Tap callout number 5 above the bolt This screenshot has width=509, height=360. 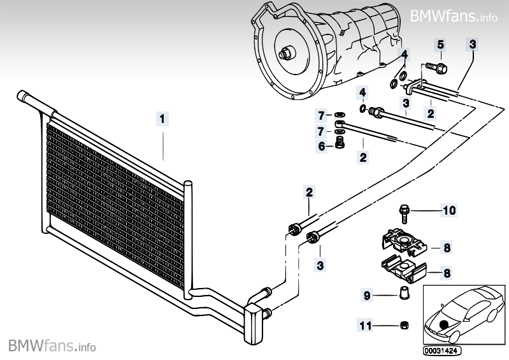440,45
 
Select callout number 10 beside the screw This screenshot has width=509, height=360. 450,210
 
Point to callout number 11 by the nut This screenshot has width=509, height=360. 364,326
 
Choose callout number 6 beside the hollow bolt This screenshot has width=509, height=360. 322,145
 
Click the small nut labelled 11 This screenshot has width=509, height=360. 403,326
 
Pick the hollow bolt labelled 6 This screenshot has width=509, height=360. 340,145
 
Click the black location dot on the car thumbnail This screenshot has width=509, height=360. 444,324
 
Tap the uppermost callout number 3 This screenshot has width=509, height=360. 472,44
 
